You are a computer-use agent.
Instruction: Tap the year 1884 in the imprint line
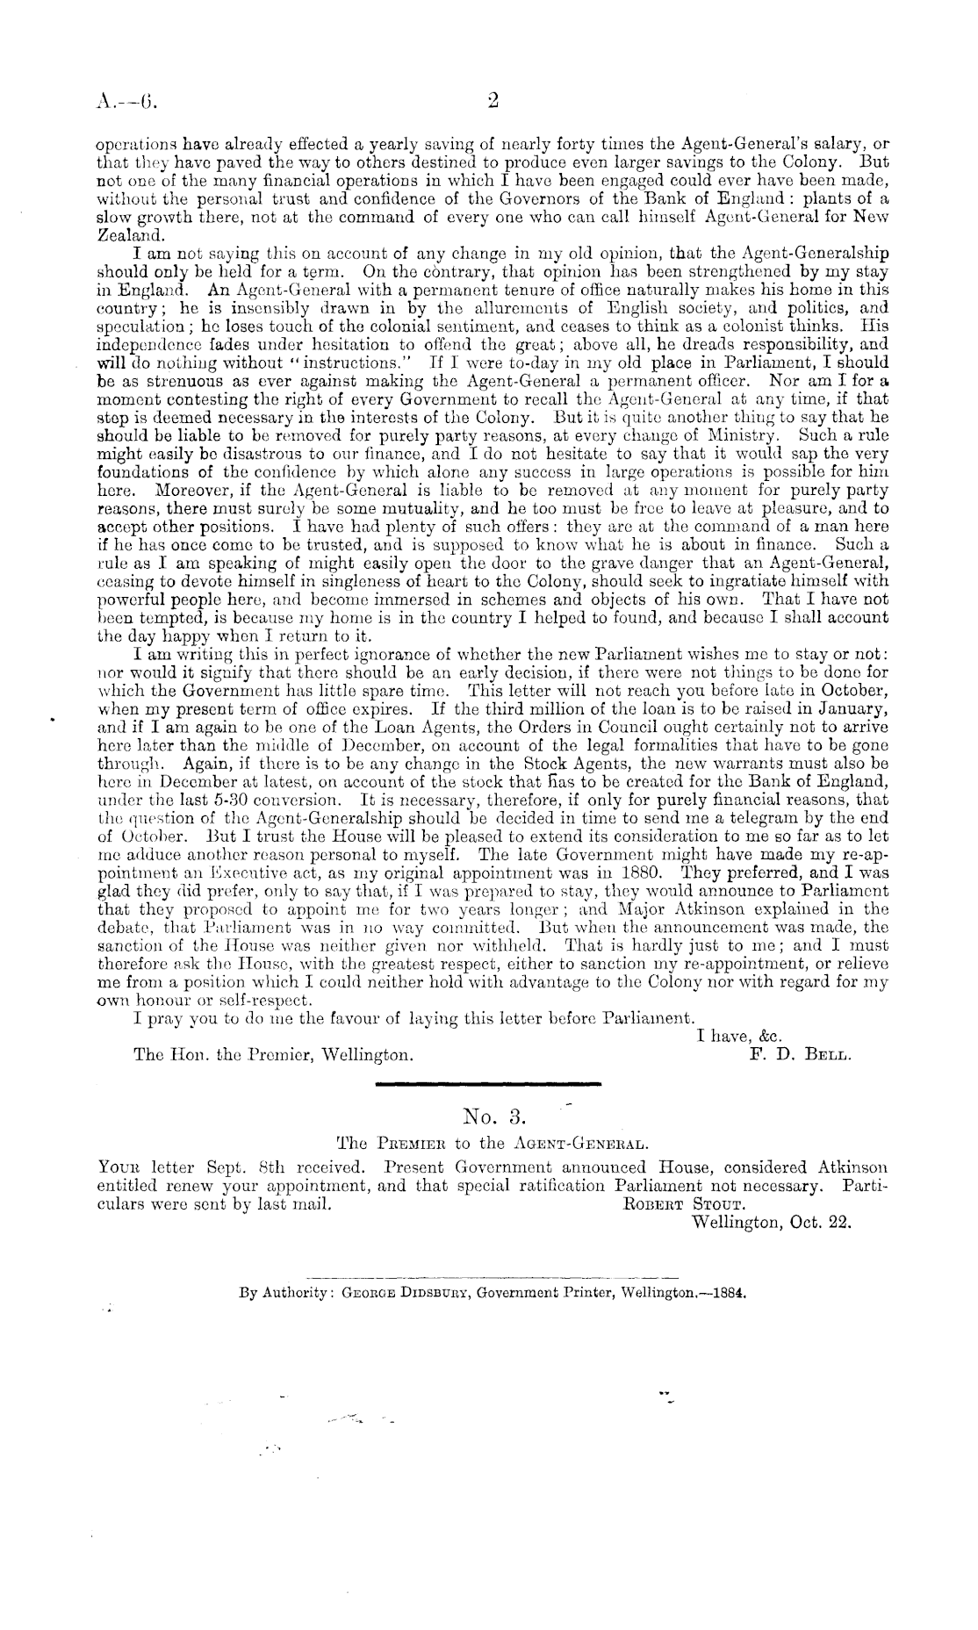tap(728, 1293)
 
